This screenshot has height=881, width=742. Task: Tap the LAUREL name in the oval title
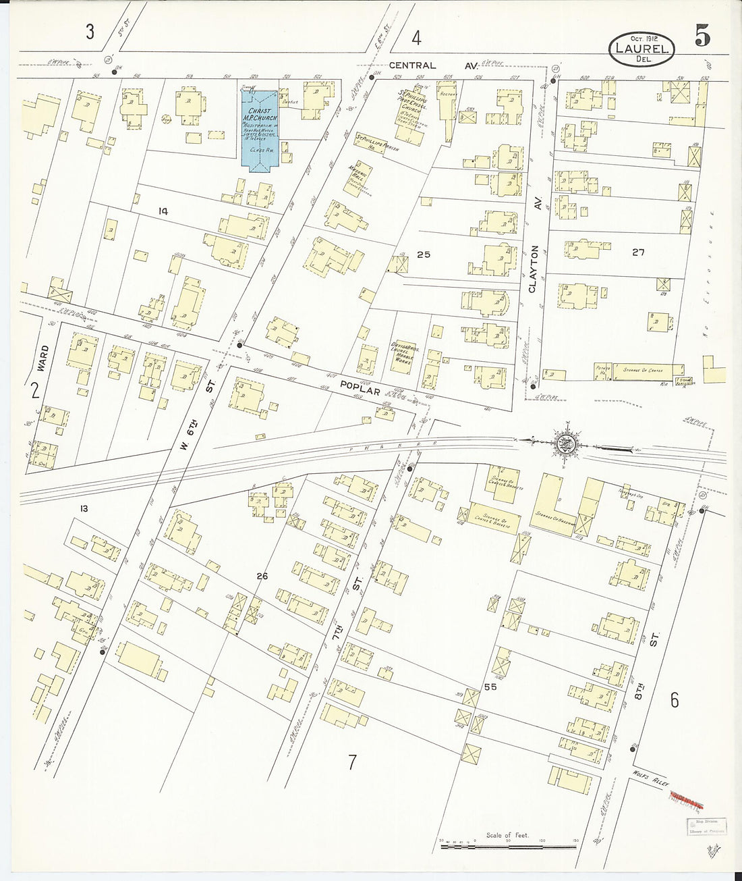point(641,49)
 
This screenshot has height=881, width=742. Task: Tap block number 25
point(423,255)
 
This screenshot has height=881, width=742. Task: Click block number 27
point(638,252)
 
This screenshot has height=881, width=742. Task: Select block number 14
point(163,211)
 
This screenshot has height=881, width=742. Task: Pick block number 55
point(490,687)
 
